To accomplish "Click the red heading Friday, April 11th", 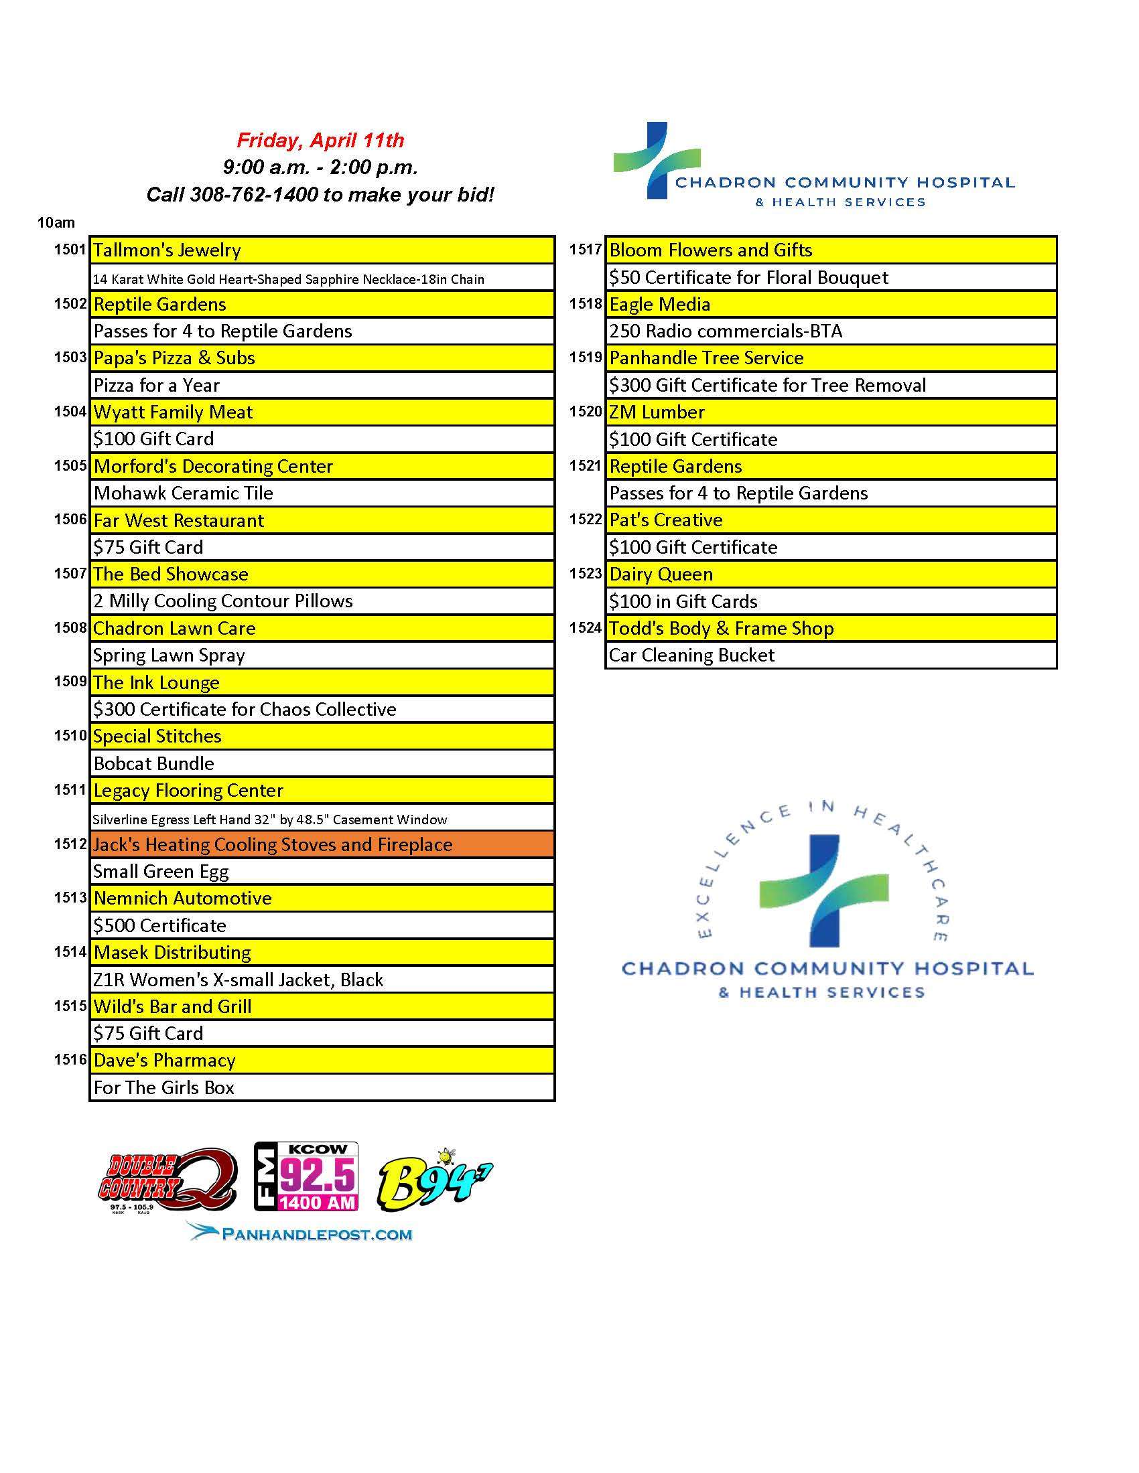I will [x=320, y=141].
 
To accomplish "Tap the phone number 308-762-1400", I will [x=254, y=195].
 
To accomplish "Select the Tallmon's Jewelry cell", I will [x=321, y=250].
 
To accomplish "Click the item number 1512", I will [x=70, y=844].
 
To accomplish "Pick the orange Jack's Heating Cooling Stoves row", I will [x=321, y=844].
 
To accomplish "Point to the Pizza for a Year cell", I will [x=321, y=385].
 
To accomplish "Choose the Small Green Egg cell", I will [x=321, y=871].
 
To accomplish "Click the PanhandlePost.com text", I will [x=300, y=1233].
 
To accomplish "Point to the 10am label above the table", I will [x=56, y=222].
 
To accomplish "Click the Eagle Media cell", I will [x=830, y=304].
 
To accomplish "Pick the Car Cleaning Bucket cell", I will [x=830, y=655].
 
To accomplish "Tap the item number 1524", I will [x=585, y=628].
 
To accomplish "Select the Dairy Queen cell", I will [x=830, y=574].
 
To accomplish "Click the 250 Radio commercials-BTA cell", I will [x=830, y=331].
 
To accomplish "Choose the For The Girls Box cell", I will [x=321, y=1087].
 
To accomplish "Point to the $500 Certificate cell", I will [x=321, y=925].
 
